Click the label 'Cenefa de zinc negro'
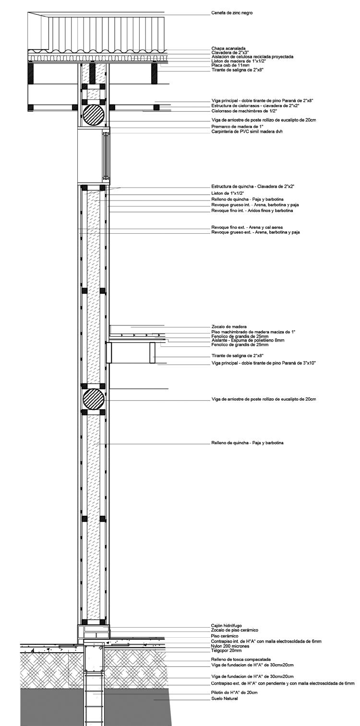[x=232, y=13]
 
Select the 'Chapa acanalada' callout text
[x=228, y=48]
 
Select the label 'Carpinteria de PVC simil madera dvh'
[x=247, y=131]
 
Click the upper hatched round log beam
[x=93, y=116]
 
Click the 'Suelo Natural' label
[x=225, y=699]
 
